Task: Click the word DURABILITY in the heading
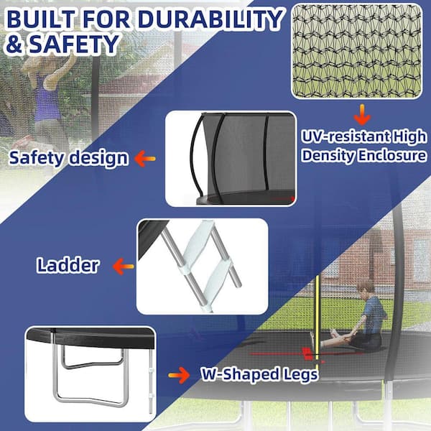(210, 20)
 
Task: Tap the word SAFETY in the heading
(75, 44)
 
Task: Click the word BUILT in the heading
(41, 19)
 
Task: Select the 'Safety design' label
(69, 158)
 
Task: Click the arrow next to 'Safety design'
(145, 159)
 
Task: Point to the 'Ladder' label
(68, 265)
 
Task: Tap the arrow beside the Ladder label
(123, 266)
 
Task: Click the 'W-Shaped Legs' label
(259, 374)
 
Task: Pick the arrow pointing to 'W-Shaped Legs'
(179, 375)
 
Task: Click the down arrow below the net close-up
(362, 115)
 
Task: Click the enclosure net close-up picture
(357, 51)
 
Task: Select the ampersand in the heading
(15, 45)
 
